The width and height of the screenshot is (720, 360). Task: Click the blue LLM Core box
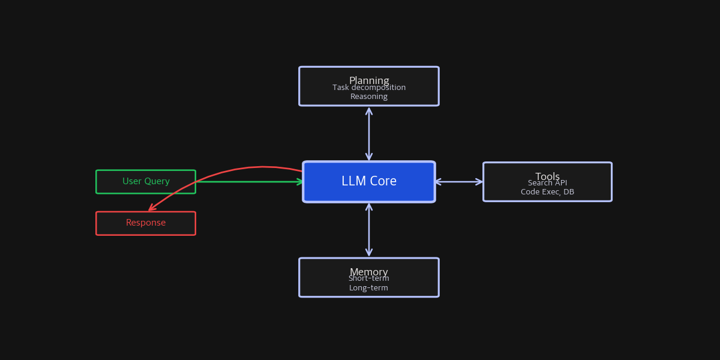368,182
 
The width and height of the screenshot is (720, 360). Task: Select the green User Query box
146,182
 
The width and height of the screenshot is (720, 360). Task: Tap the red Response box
146,223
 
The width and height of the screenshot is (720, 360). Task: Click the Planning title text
369,79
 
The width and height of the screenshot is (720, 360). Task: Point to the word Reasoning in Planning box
369,97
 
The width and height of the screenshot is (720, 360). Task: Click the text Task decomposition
369,88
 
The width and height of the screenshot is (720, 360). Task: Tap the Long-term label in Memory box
369,289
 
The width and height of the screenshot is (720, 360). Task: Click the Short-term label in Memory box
369,279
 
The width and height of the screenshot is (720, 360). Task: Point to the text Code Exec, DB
547,193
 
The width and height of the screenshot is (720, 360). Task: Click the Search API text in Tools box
547,184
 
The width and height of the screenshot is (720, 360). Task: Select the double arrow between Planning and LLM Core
369,134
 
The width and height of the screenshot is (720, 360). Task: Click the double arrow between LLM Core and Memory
369,230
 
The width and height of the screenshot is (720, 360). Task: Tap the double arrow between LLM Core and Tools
459,182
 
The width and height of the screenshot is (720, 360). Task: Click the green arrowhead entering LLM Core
301,182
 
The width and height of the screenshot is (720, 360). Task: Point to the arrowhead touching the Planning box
369,110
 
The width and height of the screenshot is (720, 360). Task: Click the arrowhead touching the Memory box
369,253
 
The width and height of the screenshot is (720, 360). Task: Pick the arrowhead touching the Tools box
479,182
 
